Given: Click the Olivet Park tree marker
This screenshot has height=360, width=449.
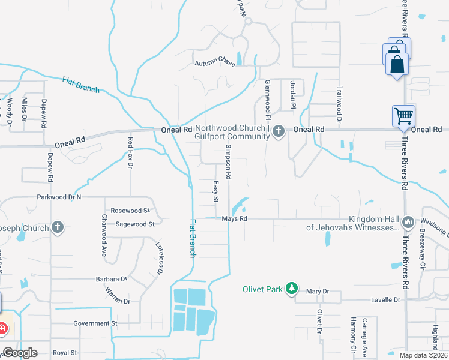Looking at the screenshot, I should pos(291,289).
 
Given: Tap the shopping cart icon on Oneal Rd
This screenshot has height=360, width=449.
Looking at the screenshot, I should pos(403,116).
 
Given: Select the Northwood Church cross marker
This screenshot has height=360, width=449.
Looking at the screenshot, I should pos(278,131).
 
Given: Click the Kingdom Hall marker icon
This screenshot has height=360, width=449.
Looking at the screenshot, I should pos(408,223).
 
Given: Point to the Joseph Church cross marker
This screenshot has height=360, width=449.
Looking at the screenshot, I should pos(58,227).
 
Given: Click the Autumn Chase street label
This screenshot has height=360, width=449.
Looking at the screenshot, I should pos(214,63).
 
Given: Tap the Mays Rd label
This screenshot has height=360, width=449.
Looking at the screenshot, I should pos(235,219).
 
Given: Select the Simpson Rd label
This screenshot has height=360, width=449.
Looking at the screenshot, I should pos(228,163).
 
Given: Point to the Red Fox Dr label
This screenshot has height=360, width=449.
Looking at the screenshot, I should pos(130,152).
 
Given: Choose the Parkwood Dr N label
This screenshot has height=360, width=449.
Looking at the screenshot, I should pos(59,197).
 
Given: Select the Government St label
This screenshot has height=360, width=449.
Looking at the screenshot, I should pos(95,323).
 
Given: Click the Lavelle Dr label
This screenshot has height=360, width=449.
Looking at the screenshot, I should pos(385,299).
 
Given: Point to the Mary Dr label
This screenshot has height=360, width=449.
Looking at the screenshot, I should pos(318,292).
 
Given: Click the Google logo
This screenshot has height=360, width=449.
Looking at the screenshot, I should pos(20,353).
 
